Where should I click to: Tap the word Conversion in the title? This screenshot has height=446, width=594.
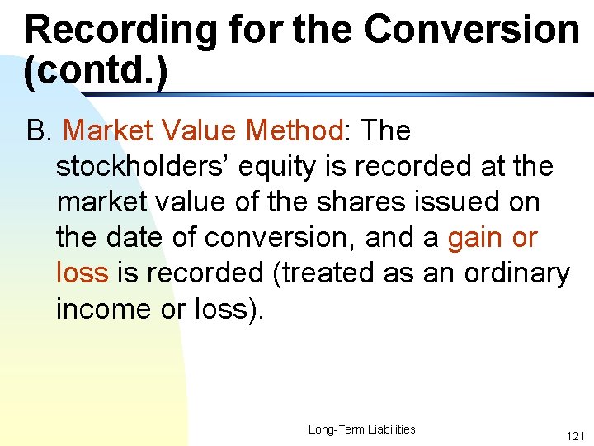tap(471, 30)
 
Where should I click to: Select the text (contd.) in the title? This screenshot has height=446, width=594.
tap(96, 71)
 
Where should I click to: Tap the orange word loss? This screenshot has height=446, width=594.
tap(81, 273)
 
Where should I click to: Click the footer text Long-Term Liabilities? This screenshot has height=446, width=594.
tap(361, 429)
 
